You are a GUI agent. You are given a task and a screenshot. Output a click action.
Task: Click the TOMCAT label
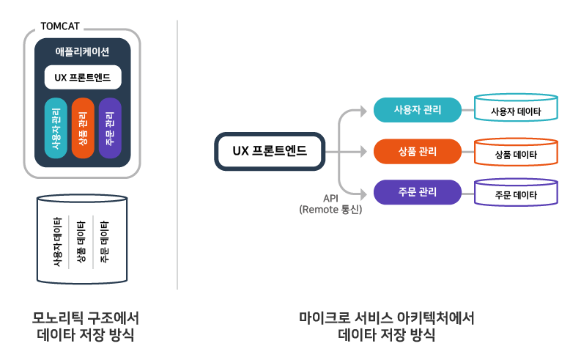point(60,27)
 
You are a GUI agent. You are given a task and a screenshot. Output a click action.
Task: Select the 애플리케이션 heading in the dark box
point(82,51)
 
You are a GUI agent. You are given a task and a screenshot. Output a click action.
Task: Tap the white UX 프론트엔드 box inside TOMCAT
point(82,77)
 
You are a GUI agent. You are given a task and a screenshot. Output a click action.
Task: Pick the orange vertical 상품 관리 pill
point(83,128)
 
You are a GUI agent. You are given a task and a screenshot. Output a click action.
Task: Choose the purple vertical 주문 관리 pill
point(109,128)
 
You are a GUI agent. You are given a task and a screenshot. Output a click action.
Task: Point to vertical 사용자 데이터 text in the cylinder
point(57,242)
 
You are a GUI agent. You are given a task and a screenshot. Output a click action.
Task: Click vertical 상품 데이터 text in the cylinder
point(81,242)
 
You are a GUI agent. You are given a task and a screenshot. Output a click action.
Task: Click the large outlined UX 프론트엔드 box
point(270,152)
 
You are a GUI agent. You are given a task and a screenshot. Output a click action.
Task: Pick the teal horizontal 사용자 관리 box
point(417,111)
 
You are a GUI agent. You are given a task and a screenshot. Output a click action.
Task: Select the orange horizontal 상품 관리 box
point(417,152)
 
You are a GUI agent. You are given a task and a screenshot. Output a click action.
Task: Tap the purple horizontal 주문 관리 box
point(417,193)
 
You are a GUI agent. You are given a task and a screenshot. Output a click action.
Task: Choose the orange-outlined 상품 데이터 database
point(516,154)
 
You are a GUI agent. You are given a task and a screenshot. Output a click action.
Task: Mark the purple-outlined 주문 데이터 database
point(516,194)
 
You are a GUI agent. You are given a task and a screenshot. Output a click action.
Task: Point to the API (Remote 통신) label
point(330,204)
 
